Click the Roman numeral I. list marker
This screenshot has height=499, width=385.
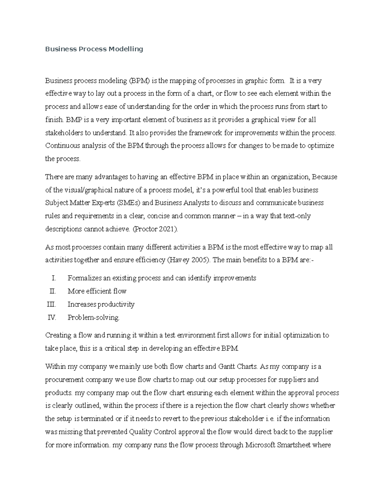(x=54, y=278)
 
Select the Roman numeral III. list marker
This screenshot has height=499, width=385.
(x=51, y=304)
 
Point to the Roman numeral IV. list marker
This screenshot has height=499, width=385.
(x=52, y=317)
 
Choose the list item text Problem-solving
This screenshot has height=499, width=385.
(x=93, y=317)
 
